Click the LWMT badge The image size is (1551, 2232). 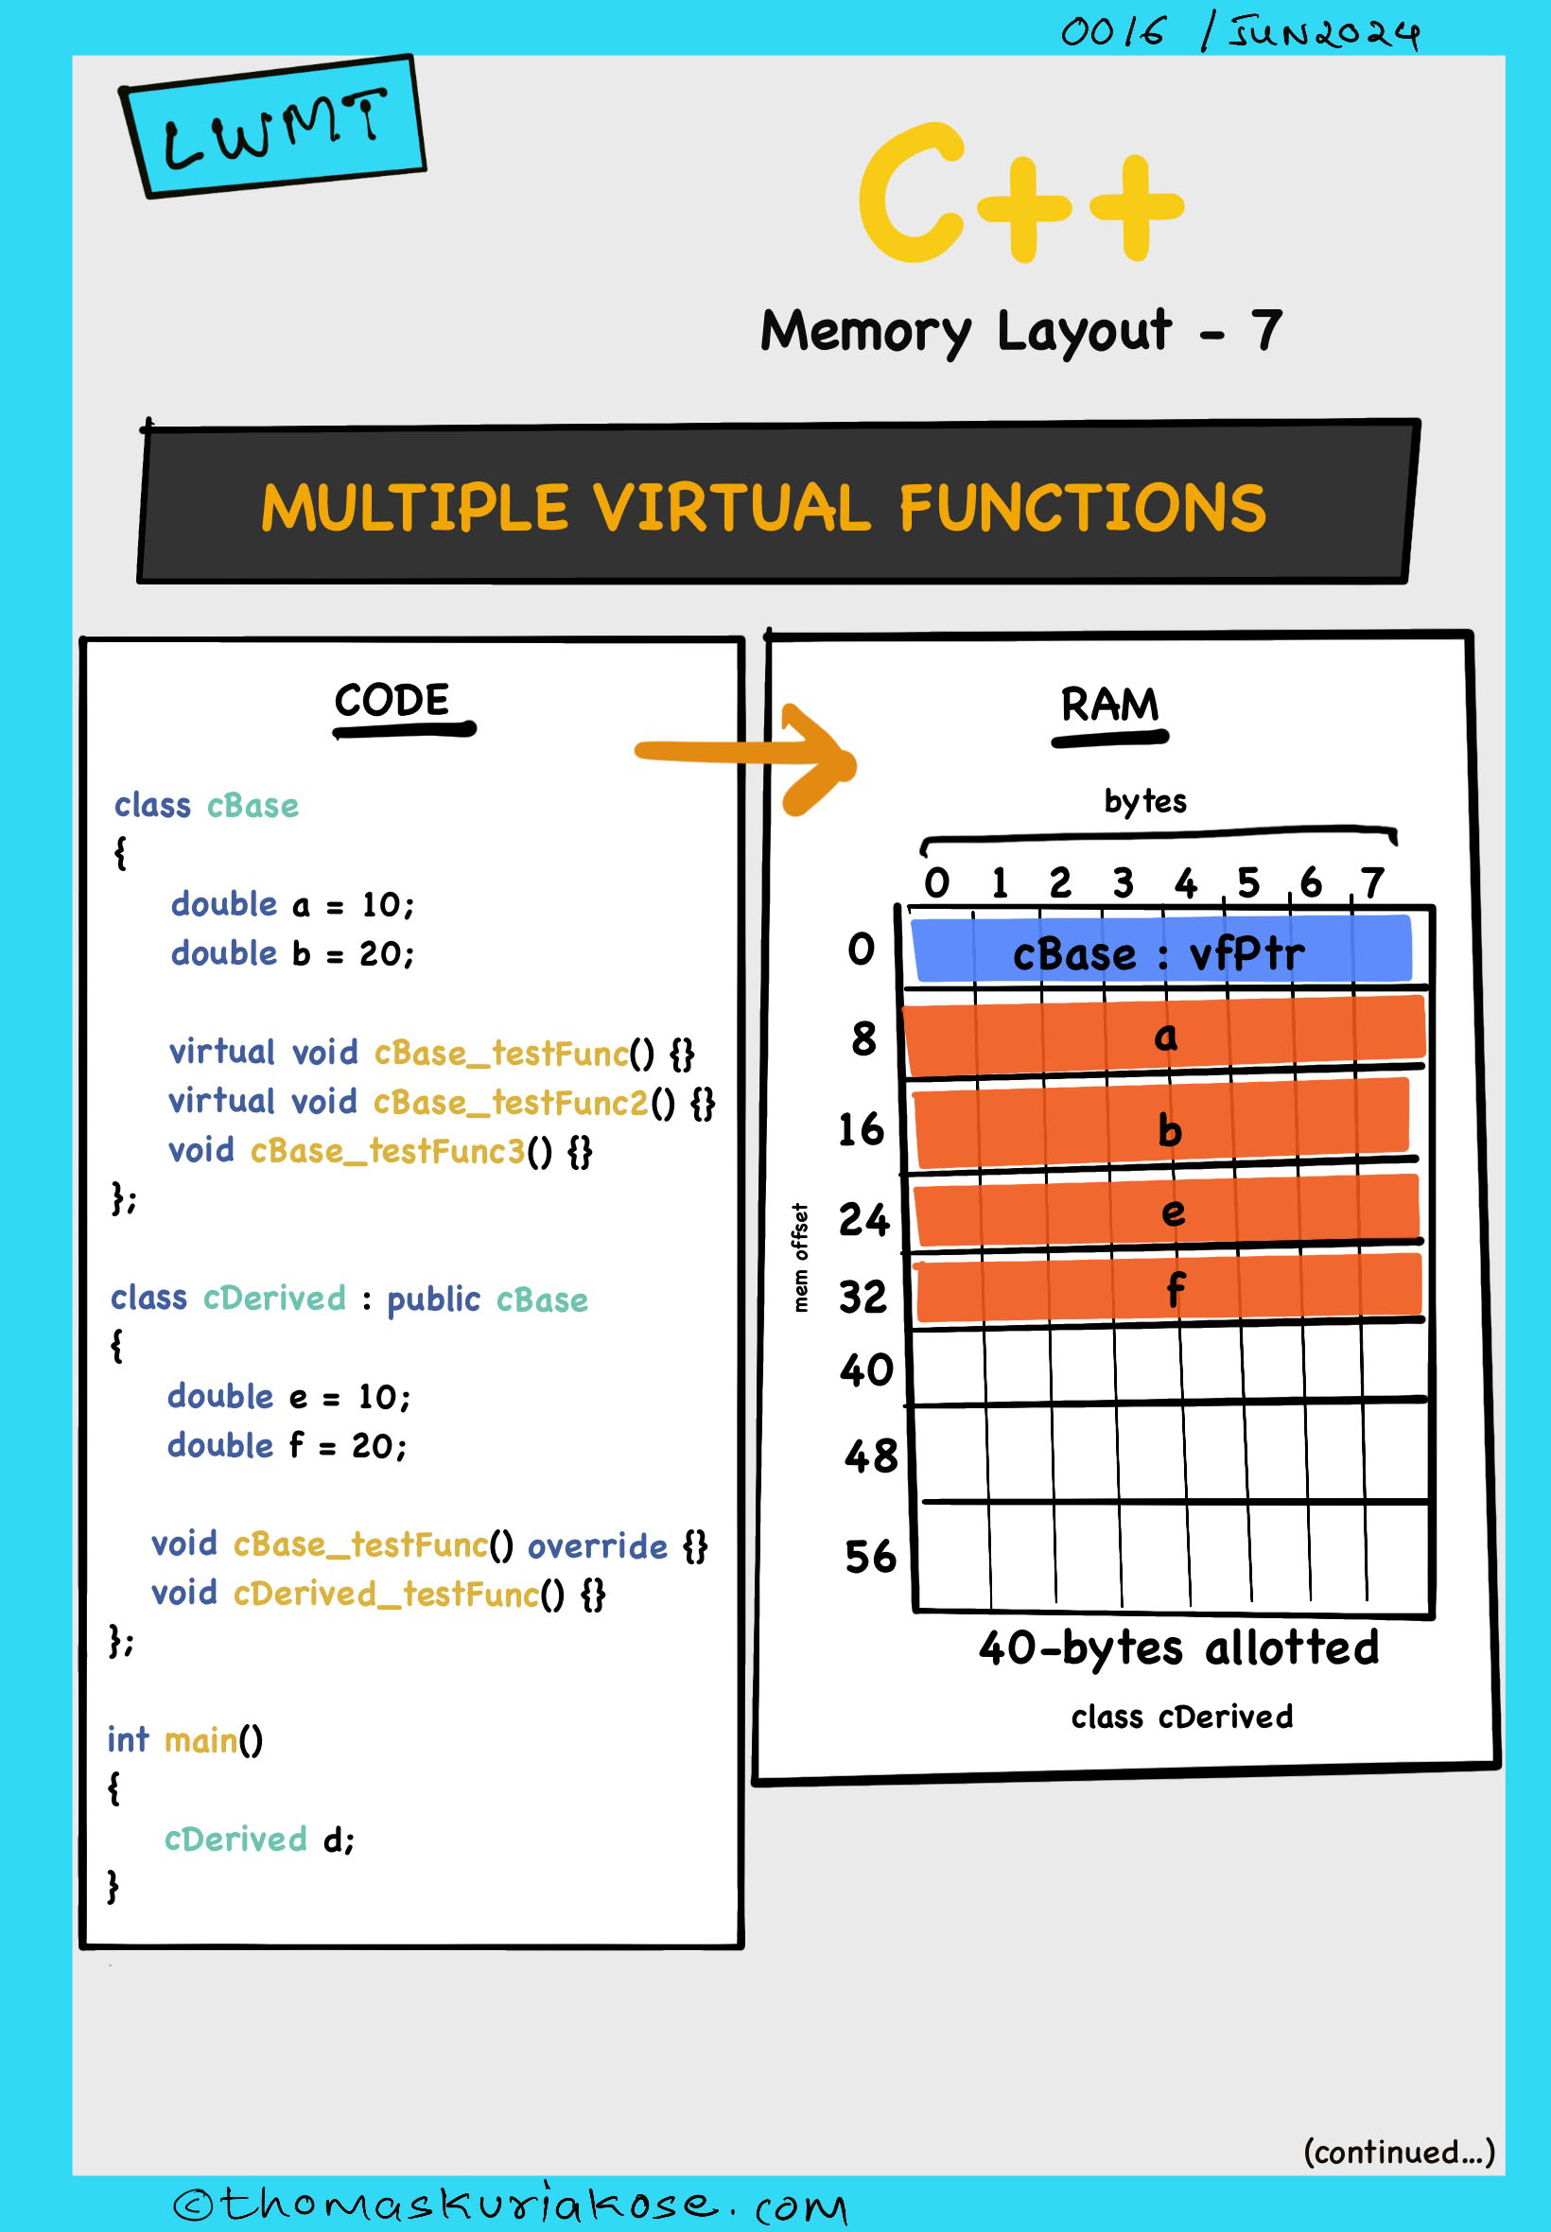[272, 128]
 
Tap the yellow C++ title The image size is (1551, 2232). [1021, 193]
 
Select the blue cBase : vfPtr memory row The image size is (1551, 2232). [1161, 950]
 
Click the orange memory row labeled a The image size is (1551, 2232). [1164, 1036]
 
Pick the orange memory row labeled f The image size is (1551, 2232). [1169, 1288]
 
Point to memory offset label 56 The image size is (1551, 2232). [870, 1557]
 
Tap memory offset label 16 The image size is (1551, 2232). [861, 1129]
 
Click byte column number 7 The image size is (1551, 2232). [1371, 882]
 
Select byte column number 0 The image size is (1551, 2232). [936, 882]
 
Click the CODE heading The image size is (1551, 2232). [392, 701]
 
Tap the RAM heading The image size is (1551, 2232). [1109, 705]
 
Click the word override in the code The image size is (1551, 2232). [598, 1546]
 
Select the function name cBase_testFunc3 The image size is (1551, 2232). [387, 1152]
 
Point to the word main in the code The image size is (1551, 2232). [200, 1740]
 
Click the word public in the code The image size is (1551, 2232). [433, 1300]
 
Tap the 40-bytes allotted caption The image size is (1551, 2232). [1178, 1648]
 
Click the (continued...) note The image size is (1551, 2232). [1399, 2152]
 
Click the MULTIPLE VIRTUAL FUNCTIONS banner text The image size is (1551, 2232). [764, 508]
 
